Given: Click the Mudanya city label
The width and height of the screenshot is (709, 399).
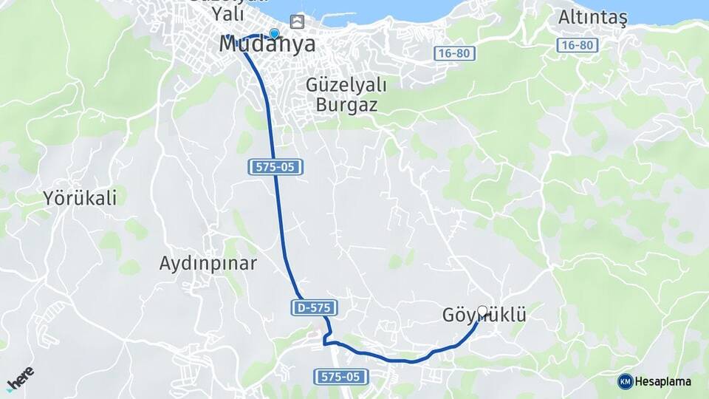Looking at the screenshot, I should [267, 44].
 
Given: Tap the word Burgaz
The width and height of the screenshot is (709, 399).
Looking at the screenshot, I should [346, 104].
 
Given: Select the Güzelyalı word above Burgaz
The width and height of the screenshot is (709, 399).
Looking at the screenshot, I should [346, 84].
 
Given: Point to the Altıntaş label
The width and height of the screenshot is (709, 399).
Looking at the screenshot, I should [592, 18].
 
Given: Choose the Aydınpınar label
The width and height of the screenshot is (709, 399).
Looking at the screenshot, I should [208, 263].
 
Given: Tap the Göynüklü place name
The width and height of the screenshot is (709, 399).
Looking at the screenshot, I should [484, 316].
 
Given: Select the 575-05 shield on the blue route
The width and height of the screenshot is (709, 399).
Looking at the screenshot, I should [275, 167].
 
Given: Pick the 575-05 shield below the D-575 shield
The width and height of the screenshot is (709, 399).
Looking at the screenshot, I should [342, 377].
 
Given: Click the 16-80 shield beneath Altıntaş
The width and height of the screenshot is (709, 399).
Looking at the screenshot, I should [577, 45].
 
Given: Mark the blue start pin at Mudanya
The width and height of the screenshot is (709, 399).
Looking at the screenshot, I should [275, 34].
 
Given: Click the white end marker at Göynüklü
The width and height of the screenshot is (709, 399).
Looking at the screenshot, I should [482, 311].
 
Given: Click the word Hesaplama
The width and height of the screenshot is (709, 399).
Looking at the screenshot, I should [663, 381].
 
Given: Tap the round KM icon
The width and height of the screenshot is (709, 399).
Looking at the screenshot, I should [625, 381].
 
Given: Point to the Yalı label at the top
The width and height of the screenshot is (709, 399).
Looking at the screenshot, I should [227, 13].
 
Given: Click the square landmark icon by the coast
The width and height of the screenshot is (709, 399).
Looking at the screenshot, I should [297, 21].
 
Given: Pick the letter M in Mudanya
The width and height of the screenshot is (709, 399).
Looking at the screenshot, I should [230, 44].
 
